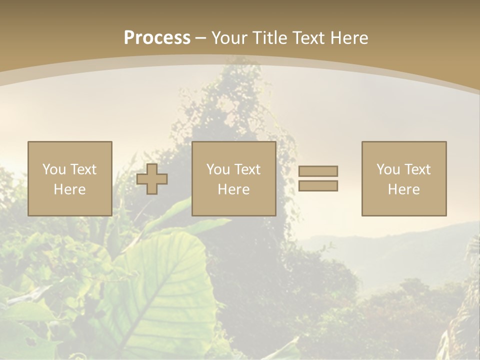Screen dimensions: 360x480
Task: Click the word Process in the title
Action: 157,38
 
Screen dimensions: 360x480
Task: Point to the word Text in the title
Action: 309,38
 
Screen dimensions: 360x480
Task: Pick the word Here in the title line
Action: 349,38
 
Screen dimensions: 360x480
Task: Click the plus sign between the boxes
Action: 152,179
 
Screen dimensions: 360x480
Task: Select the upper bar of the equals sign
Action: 318,171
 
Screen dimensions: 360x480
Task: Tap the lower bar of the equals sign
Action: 318,185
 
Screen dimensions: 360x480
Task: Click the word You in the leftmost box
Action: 54,169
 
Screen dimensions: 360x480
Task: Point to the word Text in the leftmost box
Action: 83,169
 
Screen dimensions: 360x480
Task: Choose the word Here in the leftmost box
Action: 69,189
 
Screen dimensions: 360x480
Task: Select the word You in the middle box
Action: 218,169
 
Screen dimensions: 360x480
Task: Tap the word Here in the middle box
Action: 233,189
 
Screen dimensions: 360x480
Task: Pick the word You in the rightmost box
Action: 388,169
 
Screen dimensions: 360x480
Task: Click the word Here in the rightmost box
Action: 403,189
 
